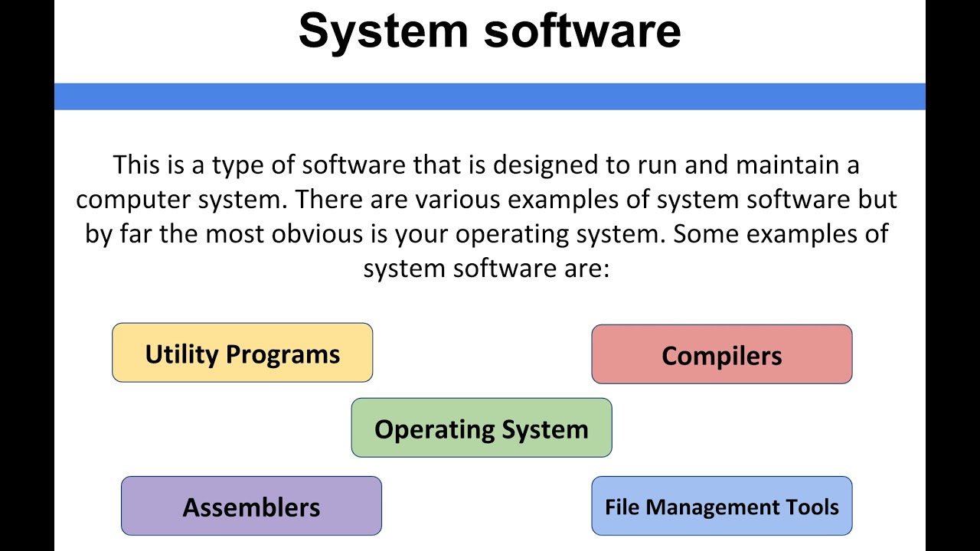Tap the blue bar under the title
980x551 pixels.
pyautogui.click(x=490, y=96)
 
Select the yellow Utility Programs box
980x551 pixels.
pyautogui.click(x=242, y=353)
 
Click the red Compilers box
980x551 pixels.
pyautogui.click(x=721, y=354)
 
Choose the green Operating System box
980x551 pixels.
pyautogui.click(x=481, y=428)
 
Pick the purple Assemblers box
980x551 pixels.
pyautogui.click(x=251, y=506)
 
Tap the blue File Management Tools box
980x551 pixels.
pyautogui.click(x=721, y=506)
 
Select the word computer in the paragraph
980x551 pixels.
pyautogui.click(x=132, y=199)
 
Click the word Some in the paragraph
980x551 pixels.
pyautogui.click(x=705, y=233)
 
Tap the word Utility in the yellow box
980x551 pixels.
pyautogui.click(x=181, y=354)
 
